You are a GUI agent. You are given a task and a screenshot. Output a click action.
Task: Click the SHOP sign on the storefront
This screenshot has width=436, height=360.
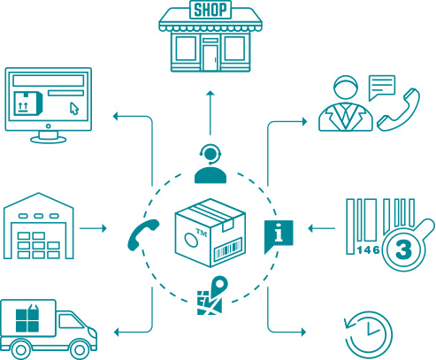pyautogui.click(x=210, y=10)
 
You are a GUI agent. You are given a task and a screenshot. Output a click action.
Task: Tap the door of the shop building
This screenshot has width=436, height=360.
pyautogui.click(x=210, y=57)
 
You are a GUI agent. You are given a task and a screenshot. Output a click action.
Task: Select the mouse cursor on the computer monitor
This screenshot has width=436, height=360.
pyautogui.click(x=74, y=108)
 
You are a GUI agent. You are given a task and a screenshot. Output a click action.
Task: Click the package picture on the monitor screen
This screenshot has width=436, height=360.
pyautogui.click(x=28, y=103)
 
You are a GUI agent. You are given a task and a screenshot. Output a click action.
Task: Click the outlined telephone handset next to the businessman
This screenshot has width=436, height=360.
pyautogui.click(x=399, y=111)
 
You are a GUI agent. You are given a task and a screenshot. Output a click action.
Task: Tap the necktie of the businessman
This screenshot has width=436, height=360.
pyautogui.click(x=346, y=116)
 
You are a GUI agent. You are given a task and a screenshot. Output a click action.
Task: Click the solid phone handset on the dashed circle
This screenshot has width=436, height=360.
pyautogui.click(x=142, y=234)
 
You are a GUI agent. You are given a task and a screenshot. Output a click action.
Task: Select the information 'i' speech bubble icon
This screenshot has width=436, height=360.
pyautogui.click(x=279, y=235)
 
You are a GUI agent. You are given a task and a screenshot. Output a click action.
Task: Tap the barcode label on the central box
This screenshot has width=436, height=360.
pyautogui.click(x=228, y=249)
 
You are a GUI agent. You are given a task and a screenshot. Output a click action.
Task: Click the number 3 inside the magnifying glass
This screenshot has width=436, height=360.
pyautogui.click(x=403, y=249)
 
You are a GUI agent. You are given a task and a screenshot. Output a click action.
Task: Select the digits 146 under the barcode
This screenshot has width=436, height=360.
pyautogui.click(x=368, y=250)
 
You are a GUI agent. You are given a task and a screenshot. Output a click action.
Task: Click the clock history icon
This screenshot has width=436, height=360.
pyautogui.click(x=369, y=335)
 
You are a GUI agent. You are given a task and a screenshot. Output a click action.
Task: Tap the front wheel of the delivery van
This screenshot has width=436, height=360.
pyautogui.click(x=80, y=349)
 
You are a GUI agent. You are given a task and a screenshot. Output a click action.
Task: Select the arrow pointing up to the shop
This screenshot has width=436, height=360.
pyautogui.click(x=210, y=113)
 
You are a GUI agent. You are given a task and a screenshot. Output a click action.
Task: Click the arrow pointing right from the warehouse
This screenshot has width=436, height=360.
pyautogui.click(x=93, y=228)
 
